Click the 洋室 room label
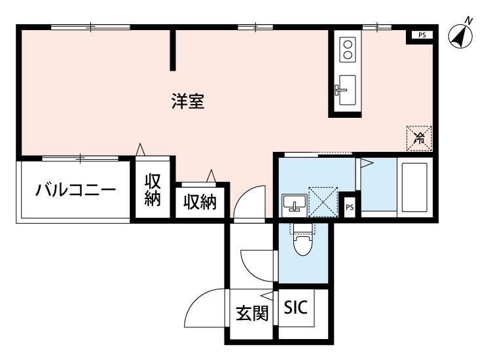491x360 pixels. pyautogui.click(x=188, y=101)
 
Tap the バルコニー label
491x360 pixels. pyautogui.click(x=75, y=190)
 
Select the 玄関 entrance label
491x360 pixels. pyautogui.click(x=253, y=313)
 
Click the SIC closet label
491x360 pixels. pyautogui.click(x=296, y=307)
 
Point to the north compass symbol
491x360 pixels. pyautogui.click(x=461, y=35)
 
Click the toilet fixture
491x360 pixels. pyautogui.click(x=303, y=241)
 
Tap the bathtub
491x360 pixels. pyautogui.click(x=414, y=187)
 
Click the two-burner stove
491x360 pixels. pyautogui.click(x=348, y=50)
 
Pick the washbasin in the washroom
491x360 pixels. pyautogui.click(x=295, y=202)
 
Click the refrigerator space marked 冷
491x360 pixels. pyautogui.click(x=419, y=138)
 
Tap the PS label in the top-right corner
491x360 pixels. pyautogui.click(x=422, y=35)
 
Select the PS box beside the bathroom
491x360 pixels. pyautogui.click(x=350, y=207)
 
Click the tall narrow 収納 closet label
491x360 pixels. pyautogui.click(x=153, y=190)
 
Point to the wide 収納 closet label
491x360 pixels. pyautogui.click(x=200, y=202)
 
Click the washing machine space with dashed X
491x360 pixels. pyautogui.click(x=323, y=202)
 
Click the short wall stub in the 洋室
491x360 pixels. pyautogui.click(x=173, y=50)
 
